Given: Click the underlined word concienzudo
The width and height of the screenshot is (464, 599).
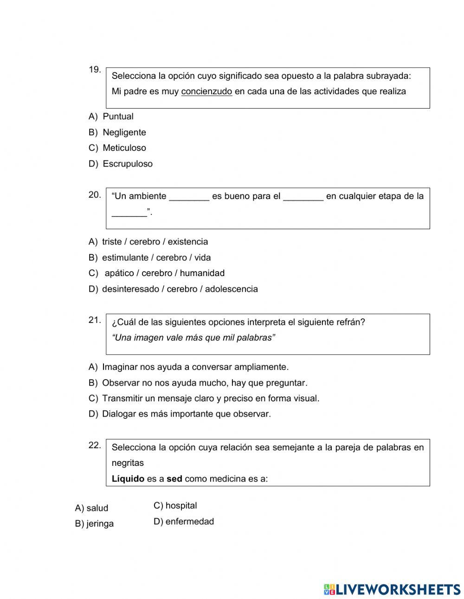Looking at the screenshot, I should (x=206, y=91).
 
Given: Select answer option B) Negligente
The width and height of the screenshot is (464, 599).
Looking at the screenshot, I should (x=124, y=132).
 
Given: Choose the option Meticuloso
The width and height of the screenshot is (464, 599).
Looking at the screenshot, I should (x=124, y=148).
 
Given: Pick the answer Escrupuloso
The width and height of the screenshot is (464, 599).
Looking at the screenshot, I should (x=127, y=164).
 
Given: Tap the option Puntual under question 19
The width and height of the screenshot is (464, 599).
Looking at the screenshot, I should (x=118, y=116).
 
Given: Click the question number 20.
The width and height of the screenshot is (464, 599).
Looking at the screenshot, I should (x=95, y=195).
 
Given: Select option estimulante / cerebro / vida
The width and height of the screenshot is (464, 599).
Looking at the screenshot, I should (x=156, y=258).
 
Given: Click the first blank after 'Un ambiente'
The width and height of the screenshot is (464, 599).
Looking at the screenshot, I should (x=189, y=196).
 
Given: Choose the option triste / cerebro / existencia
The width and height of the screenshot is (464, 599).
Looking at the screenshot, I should (x=155, y=242).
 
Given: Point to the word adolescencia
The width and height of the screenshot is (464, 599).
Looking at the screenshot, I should (x=231, y=289).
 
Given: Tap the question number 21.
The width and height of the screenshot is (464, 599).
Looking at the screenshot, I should (x=95, y=320).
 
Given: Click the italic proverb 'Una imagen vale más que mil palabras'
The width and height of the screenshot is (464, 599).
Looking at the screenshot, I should (x=193, y=338).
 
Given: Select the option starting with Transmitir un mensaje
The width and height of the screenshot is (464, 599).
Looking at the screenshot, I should (x=210, y=398).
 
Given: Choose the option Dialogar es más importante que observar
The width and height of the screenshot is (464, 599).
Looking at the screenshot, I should (x=186, y=414).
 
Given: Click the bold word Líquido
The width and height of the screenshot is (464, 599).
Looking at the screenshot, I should (x=128, y=479).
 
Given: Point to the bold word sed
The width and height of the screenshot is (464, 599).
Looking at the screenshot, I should (x=174, y=479).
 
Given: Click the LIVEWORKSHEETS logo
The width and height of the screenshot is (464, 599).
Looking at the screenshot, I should (x=392, y=589).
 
